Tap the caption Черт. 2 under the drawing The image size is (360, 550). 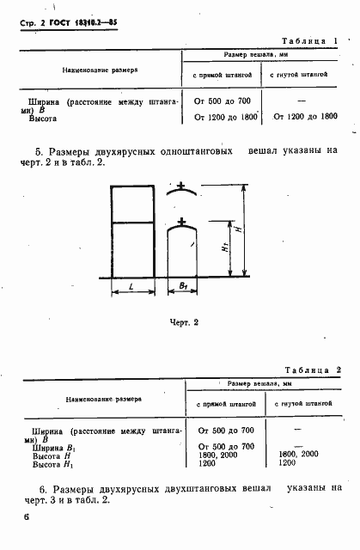pos(182,322)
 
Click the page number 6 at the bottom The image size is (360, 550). pos(27,516)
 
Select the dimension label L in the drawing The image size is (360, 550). pos(129,284)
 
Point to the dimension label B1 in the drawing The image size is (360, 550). pos(182,284)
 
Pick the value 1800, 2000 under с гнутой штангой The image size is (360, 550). pos(298,455)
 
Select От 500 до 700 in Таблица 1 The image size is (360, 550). pos(223,101)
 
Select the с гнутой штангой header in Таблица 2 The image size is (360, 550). pos(300,402)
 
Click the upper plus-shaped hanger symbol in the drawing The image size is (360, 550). pos(181,184)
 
